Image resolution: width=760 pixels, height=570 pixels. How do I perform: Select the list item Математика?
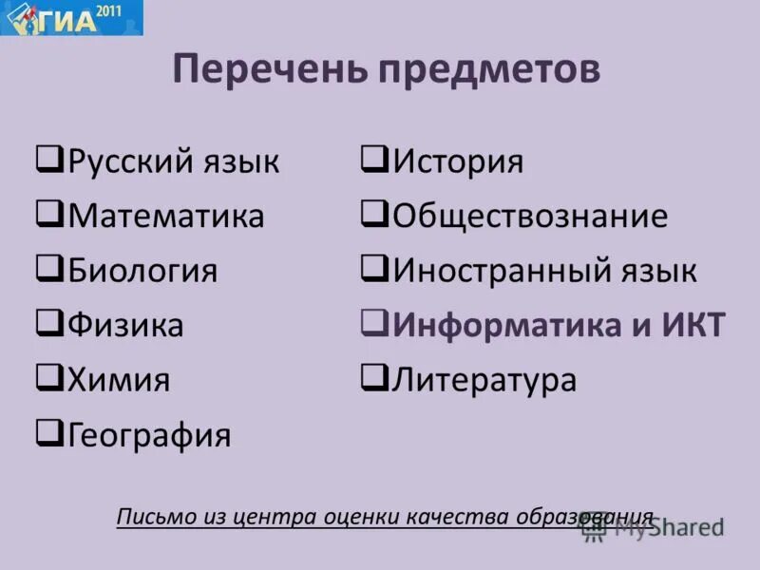165,216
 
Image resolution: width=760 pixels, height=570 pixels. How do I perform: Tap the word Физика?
125,326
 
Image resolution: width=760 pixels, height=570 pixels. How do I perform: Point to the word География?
149,435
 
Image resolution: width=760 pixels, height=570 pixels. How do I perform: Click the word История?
458,161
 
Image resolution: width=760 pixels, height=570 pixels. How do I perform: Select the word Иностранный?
490,271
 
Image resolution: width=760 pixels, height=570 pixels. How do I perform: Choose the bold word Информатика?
501,326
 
